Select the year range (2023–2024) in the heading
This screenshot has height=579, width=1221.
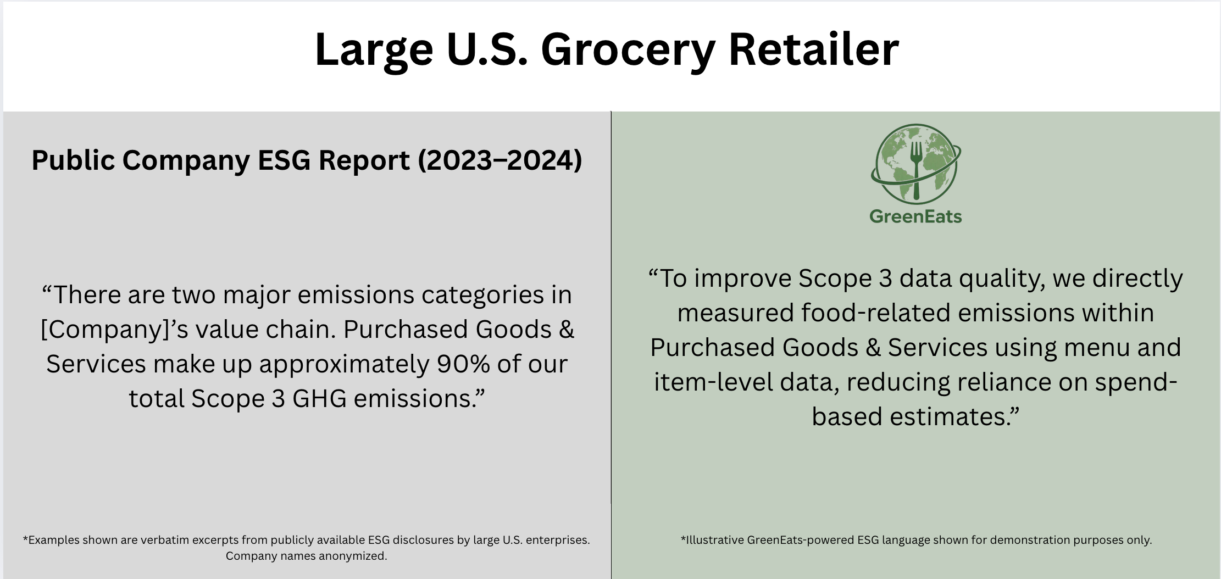tap(500, 160)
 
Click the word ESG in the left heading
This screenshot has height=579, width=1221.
tap(286, 160)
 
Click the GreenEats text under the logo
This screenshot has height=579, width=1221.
tap(915, 216)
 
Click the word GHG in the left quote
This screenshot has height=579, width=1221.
tap(319, 398)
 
